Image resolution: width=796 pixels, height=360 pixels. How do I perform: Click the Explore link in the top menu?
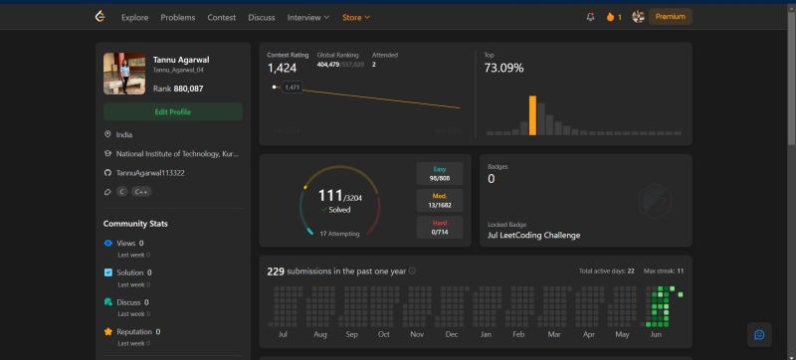tap(134, 17)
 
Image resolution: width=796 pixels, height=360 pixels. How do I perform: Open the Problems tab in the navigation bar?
tap(177, 17)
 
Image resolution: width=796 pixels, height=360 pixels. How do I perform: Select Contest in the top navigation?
tap(222, 17)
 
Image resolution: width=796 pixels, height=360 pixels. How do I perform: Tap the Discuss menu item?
tap(262, 17)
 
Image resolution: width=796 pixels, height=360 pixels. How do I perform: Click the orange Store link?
tap(355, 17)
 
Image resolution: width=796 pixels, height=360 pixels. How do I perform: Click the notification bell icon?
tap(590, 17)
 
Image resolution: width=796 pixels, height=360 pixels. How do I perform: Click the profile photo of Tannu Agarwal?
tap(124, 73)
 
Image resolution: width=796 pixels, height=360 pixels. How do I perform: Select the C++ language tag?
tap(141, 192)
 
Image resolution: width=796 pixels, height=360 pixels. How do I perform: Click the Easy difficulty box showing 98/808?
tap(439, 173)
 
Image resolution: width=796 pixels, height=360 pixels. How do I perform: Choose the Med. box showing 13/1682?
tap(439, 200)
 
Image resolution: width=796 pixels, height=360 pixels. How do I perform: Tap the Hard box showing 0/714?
tap(439, 227)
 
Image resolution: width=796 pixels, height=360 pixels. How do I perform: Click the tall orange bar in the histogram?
tap(532, 114)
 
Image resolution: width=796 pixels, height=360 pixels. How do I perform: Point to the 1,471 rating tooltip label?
tap(292, 88)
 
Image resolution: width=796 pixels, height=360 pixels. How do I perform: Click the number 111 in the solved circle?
tap(329, 196)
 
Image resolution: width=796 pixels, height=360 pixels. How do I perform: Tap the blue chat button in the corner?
tap(759, 334)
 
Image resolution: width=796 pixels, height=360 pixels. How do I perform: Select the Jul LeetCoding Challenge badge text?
tap(534, 235)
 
